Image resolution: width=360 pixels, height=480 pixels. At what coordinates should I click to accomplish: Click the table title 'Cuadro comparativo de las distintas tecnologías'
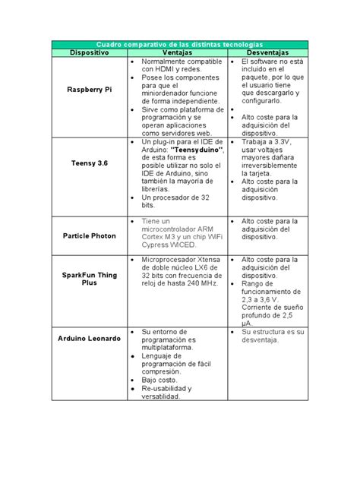179,45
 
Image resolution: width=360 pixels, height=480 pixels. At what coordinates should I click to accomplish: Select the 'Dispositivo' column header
89,52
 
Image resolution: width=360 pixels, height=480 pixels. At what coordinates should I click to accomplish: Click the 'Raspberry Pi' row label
89,89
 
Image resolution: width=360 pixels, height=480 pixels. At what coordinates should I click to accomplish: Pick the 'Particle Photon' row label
89,235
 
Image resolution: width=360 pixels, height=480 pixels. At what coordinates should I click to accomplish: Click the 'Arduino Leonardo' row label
89,336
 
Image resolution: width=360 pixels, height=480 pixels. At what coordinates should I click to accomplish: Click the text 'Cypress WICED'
169,245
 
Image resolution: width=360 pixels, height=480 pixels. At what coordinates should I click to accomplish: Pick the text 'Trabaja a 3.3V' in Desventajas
267,142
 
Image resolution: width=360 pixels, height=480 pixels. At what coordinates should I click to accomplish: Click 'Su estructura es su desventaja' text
272,336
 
